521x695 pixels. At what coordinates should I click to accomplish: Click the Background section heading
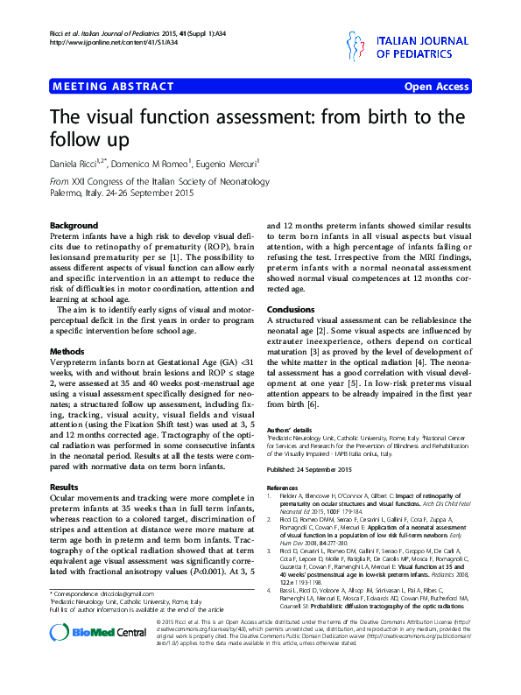point(74,225)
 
